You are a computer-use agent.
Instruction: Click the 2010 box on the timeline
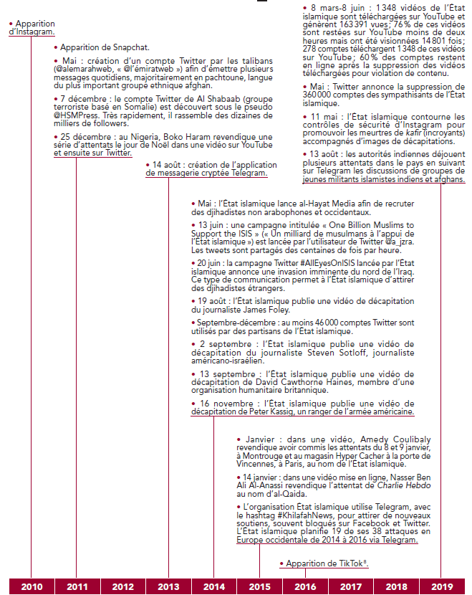click(31, 586)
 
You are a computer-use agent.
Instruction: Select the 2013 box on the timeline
click(168, 586)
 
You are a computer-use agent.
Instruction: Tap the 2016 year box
click(305, 586)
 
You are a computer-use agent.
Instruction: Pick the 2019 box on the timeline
click(441, 586)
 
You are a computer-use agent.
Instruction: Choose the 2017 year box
click(350, 586)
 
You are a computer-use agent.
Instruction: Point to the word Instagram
click(35, 32)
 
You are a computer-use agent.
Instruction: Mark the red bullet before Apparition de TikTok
click(281, 564)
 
